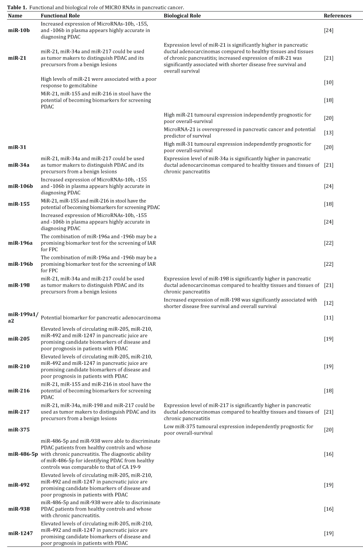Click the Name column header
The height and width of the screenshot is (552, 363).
tap(15, 16)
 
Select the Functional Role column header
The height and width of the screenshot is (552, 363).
tap(60, 16)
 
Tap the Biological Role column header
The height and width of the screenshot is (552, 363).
tap(182, 16)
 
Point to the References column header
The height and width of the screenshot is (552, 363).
tap(337, 16)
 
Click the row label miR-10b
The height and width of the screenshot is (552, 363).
tap(19, 30)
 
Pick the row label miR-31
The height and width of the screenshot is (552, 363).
tap(17, 147)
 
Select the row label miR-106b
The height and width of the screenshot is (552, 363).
tap(20, 186)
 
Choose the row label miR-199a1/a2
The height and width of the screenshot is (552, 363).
tap(23, 317)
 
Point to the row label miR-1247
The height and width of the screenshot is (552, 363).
tap(20, 533)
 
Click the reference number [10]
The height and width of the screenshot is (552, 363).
tap(328, 82)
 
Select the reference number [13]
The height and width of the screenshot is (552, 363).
tap(328, 133)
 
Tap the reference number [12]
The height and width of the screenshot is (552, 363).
tap(328, 303)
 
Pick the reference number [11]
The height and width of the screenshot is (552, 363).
tap(328, 318)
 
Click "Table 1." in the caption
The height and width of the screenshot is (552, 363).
tap(18, 8)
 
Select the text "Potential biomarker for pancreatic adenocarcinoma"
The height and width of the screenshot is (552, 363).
tap(101, 318)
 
